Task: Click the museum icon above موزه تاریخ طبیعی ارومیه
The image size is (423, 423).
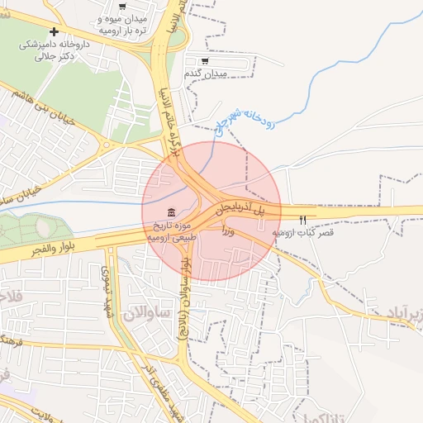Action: tap(170, 213)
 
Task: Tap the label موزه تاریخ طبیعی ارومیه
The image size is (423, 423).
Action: tap(172, 231)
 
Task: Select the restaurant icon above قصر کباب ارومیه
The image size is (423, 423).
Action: tap(303, 220)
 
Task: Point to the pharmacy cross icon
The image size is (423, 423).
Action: tap(55, 31)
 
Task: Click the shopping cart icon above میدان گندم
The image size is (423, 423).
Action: tap(205, 61)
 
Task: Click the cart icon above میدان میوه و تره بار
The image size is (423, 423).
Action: tap(122, 7)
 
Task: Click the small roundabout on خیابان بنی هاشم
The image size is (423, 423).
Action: tap(107, 145)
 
